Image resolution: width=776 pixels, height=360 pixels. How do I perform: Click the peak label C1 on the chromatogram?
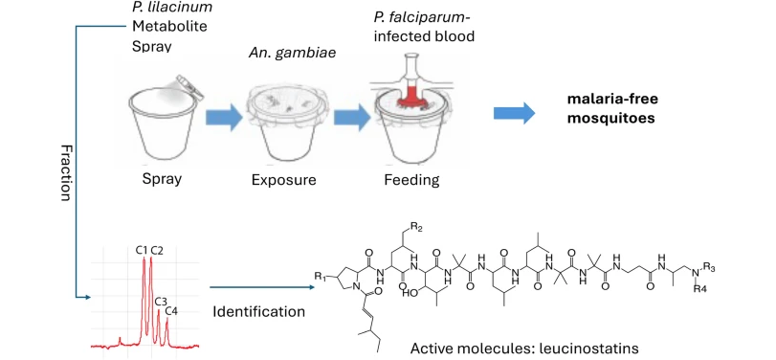[x=141, y=251]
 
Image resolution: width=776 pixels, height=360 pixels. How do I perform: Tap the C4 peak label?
[x=170, y=310]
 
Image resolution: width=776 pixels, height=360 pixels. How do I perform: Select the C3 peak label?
[x=160, y=301]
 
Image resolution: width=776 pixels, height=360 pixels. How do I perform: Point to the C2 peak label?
[x=157, y=251]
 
